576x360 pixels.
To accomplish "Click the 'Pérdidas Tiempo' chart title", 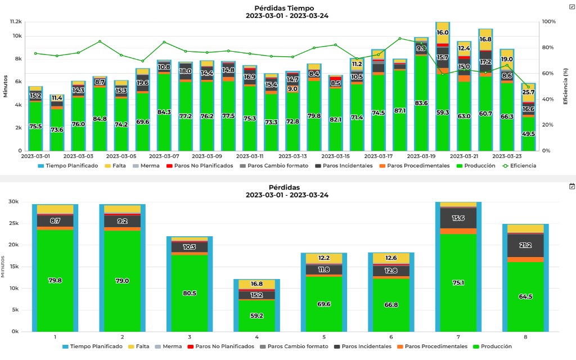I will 287,8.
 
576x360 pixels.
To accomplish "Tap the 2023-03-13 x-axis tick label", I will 292,156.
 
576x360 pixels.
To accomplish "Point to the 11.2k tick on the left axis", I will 15,21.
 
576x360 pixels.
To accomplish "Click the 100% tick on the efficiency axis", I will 549,21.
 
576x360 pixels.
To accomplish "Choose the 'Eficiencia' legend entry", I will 520,166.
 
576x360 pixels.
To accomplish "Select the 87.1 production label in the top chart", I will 400,111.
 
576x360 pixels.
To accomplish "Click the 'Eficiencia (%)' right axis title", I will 566,86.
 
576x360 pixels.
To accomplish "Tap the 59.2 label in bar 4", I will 256,317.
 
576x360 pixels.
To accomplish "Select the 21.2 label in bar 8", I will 526,245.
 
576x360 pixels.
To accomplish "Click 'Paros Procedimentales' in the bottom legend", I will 432,346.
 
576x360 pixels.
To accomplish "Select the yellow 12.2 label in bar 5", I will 323,258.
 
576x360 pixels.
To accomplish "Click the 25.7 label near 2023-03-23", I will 528,92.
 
